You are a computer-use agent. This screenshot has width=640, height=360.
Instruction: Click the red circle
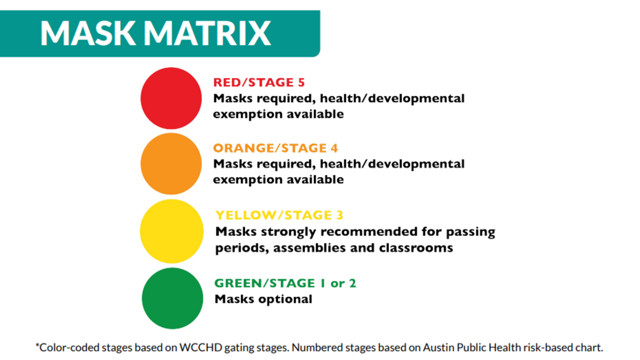[171, 98]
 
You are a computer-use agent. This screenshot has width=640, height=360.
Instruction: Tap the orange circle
[171, 163]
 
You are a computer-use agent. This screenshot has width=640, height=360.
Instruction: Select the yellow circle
[171, 231]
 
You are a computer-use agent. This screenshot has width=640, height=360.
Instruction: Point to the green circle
[172, 298]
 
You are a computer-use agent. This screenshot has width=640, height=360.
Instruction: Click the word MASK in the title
[88, 33]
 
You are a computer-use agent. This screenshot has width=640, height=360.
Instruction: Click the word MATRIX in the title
[207, 33]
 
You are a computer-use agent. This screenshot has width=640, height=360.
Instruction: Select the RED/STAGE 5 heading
[259, 83]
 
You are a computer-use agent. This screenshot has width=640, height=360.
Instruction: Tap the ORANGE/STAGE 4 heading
[276, 148]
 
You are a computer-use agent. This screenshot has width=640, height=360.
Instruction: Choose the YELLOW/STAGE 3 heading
[279, 215]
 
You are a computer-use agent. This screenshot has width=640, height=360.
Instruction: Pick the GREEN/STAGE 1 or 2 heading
[285, 283]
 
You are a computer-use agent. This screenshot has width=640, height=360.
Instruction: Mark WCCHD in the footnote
[201, 347]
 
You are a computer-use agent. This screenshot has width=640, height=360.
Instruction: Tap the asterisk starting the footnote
[37, 345]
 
